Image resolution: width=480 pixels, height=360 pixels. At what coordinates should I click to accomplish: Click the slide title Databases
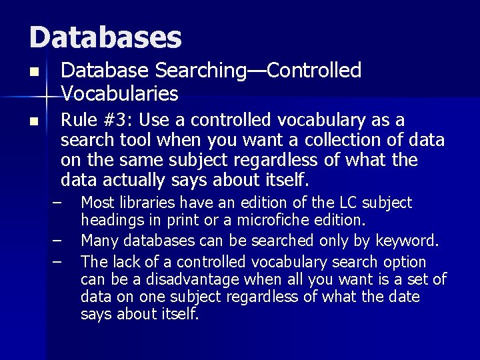(105, 37)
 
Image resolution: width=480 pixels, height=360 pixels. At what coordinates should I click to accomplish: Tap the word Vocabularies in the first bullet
(119, 93)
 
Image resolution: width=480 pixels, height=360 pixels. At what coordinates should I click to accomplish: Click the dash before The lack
(58, 261)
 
